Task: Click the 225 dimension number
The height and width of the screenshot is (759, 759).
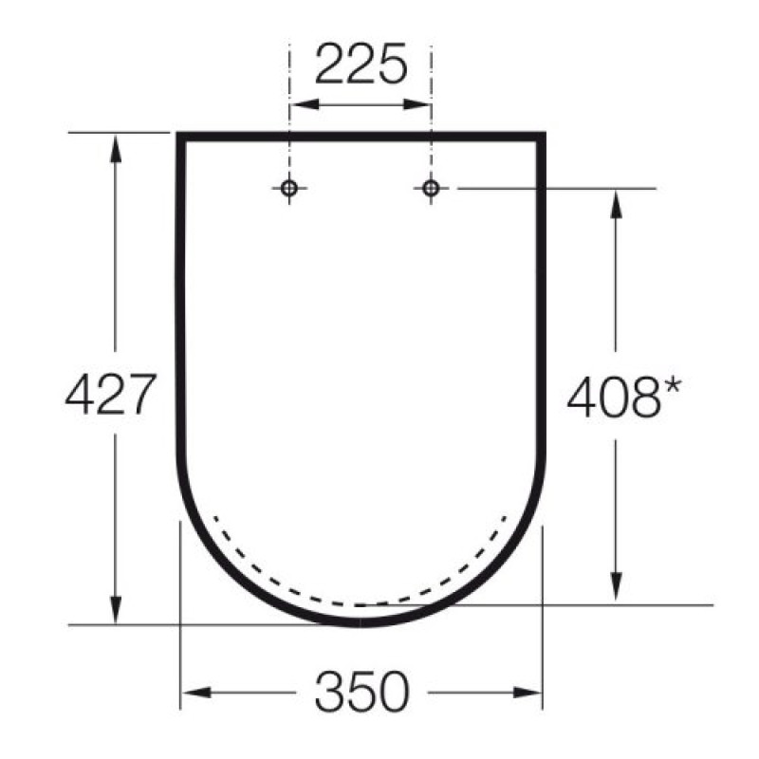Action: click(361, 65)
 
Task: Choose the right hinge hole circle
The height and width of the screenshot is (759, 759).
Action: click(431, 189)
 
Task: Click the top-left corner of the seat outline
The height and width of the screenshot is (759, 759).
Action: click(180, 137)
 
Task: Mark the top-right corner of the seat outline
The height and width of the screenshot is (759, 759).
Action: click(543, 137)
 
